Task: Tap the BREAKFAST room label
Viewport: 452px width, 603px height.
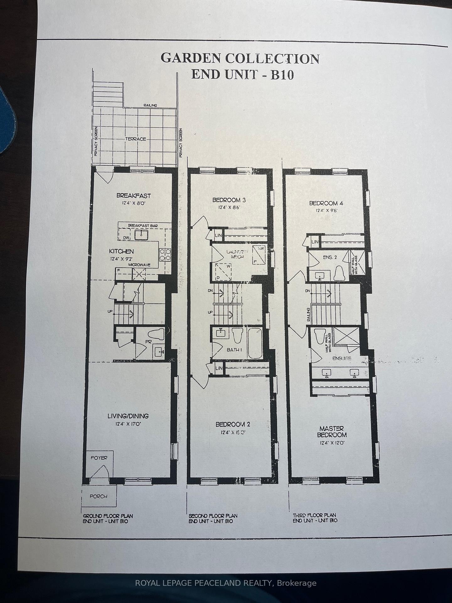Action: click(x=133, y=196)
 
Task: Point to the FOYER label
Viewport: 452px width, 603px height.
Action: click(x=99, y=458)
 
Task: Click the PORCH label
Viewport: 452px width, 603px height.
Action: click(x=99, y=496)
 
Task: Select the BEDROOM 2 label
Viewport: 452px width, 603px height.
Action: click(x=233, y=424)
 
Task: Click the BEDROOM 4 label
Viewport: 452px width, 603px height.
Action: click(x=326, y=203)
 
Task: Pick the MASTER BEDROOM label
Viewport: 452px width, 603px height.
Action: click(x=331, y=432)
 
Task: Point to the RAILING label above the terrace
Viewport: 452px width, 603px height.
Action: click(x=150, y=106)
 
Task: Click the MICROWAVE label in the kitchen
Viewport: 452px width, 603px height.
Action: click(x=139, y=265)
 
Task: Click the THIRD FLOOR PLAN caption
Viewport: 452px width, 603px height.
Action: click(x=314, y=515)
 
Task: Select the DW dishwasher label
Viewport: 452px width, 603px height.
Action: click(x=126, y=238)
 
